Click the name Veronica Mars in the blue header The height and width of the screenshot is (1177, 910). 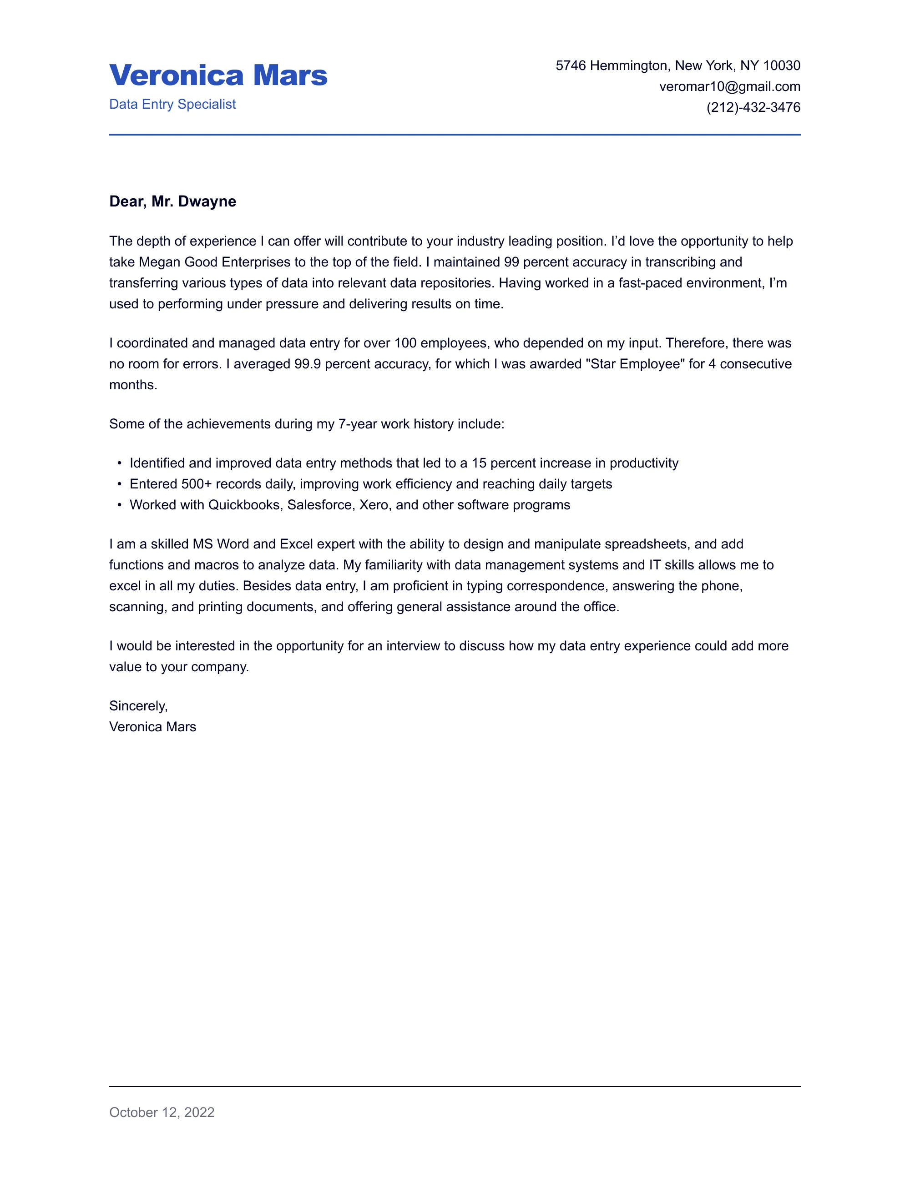(218, 75)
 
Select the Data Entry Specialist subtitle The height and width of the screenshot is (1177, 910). (172, 105)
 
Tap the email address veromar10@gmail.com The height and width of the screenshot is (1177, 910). (729, 87)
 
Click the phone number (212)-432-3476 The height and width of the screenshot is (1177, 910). (753, 108)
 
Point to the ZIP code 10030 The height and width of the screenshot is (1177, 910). (781, 66)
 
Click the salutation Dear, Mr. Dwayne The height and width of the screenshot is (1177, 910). (172, 201)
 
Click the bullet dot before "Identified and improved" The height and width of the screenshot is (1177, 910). (119, 463)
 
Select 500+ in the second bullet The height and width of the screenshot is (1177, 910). (197, 484)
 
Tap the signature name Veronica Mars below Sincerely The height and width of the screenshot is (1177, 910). (152, 727)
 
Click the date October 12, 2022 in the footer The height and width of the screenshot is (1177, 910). (162, 1112)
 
